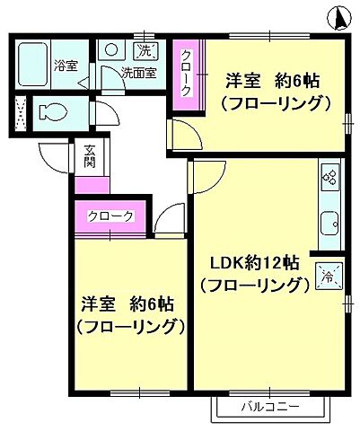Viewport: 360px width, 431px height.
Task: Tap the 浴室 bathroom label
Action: tap(66, 65)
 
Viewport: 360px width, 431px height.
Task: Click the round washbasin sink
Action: tap(111, 50)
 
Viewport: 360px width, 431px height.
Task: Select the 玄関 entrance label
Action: tap(91, 157)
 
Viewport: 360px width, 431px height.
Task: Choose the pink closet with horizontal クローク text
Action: tap(111, 216)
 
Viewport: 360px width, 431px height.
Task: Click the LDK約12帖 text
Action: tap(256, 266)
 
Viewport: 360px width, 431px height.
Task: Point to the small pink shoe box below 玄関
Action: tap(91, 185)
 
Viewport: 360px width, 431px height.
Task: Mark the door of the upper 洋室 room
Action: tap(187, 135)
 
